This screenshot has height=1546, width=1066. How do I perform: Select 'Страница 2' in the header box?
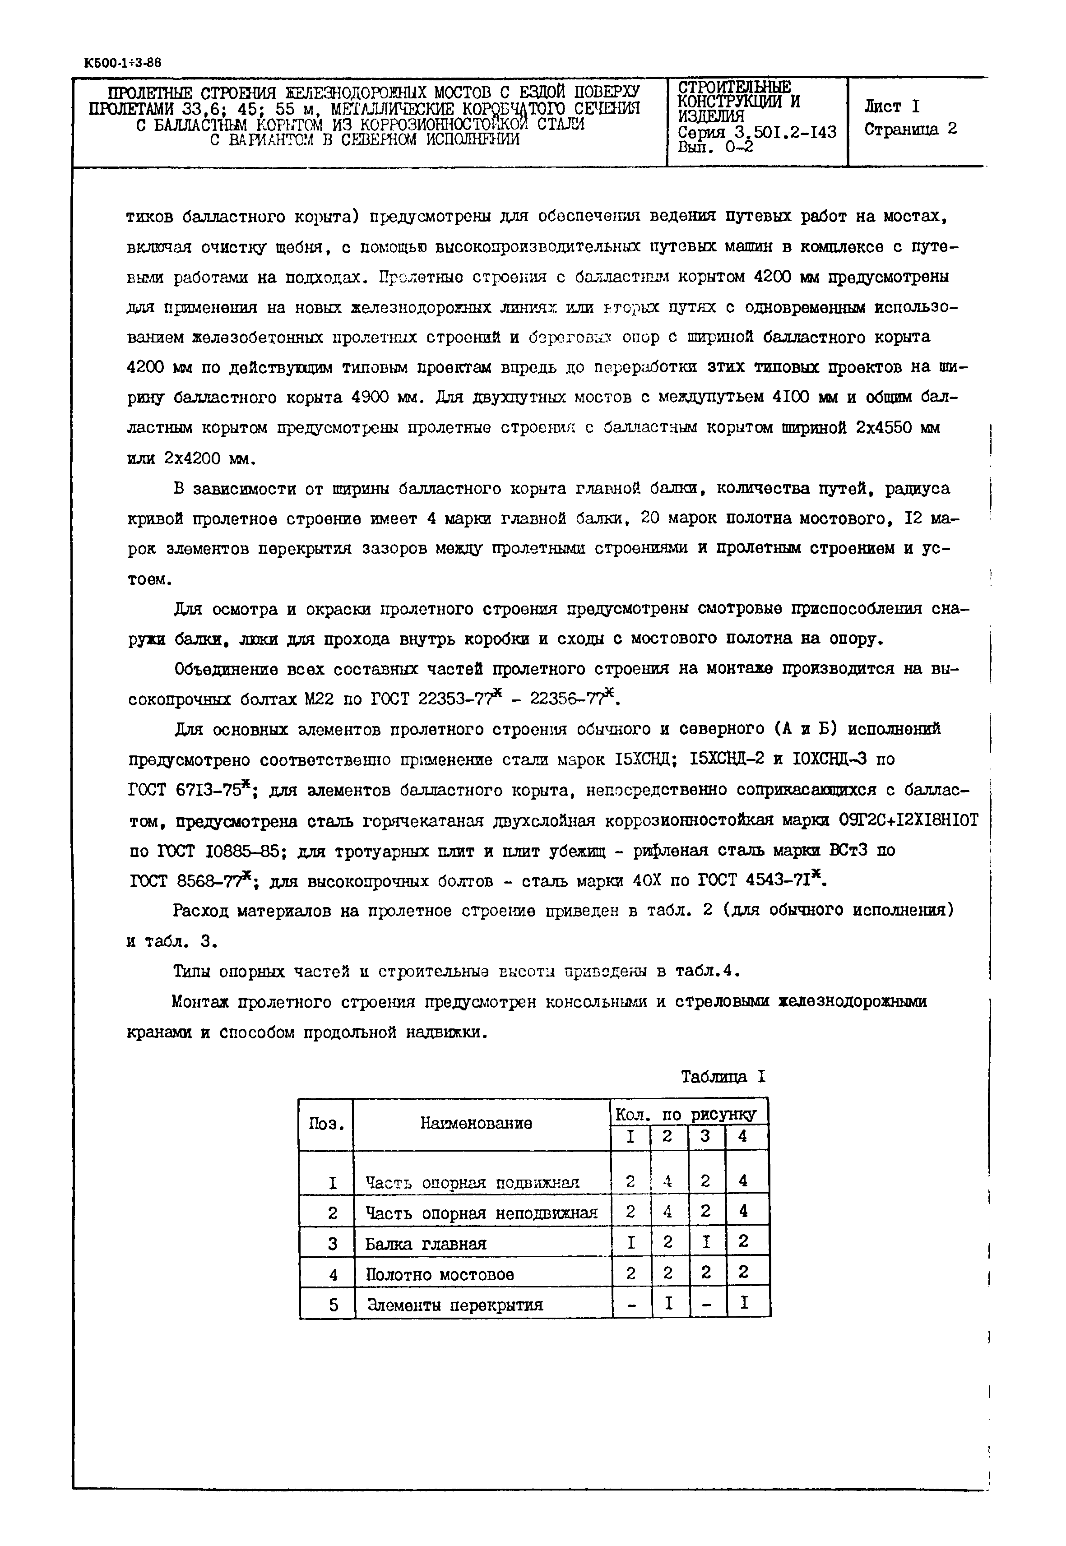(x=910, y=129)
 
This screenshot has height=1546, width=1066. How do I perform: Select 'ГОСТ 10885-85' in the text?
(x=208, y=851)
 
